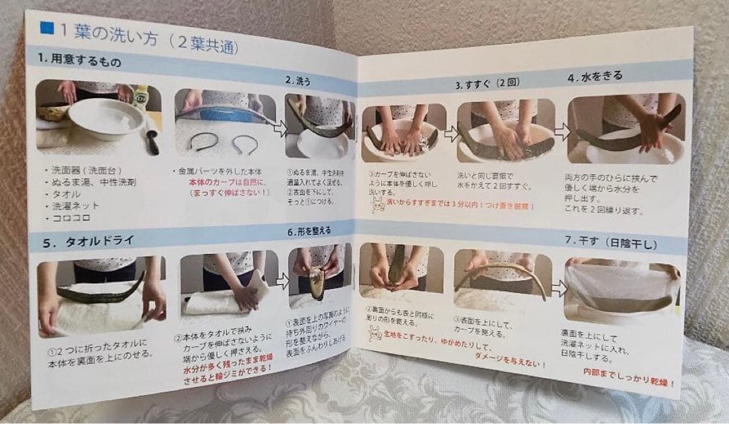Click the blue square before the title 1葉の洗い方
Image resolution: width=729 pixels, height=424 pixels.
pyautogui.click(x=47, y=28)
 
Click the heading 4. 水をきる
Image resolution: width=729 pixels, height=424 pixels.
pyautogui.click(x=593, y=76)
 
